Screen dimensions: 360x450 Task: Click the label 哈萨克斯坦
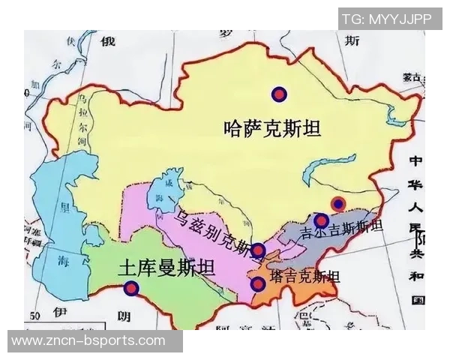click(272, 128)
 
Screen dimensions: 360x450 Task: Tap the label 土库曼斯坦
click(167, 270)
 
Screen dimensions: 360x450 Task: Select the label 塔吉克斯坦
click(304, 276)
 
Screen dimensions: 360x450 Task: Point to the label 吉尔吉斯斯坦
click(341, 228)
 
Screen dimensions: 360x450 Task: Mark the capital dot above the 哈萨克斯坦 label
click(279, 94)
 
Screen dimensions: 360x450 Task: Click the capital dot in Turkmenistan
click(132, 288)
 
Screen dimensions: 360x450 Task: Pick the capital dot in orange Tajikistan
click(258, 283)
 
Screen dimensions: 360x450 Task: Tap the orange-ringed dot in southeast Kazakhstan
click(338, 203)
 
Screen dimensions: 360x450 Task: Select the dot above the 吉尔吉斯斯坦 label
click(321, 220)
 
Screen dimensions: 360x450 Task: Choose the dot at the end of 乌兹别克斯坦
click(258, 250)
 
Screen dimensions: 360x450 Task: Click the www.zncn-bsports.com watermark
click(88, 341)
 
